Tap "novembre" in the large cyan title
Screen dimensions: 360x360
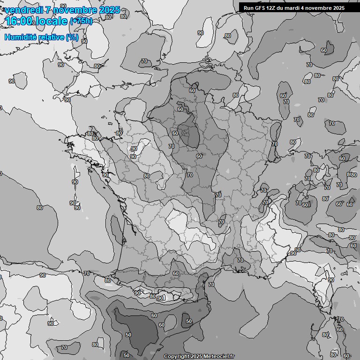click(x=74, y=10)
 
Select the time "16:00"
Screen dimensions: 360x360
click(x=19, y=21)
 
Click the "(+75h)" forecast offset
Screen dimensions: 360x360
click(x=81, y=21)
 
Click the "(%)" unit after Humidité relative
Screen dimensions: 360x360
click(x=72, y=37)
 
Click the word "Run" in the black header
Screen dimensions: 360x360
click(x=248, y=7)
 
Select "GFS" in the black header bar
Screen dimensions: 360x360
click(x=260, y=7)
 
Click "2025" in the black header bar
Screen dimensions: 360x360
click(x=337, y=7)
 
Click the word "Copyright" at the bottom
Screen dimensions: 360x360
click(x=177, y=356)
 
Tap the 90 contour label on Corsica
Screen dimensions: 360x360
click(x=330, y=280)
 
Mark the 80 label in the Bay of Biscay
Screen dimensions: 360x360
click(x=39, y=208)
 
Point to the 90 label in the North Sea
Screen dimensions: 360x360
click(x=200, y=33)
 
